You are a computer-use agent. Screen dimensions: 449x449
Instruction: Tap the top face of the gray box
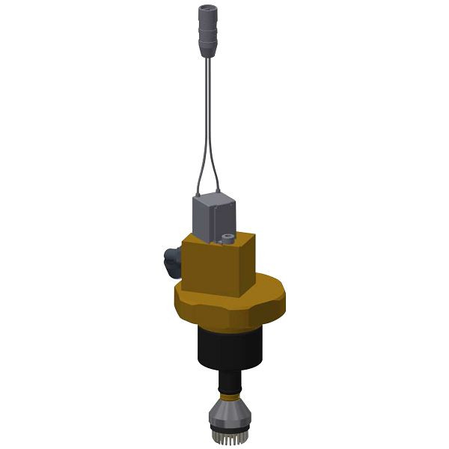(x=216, y=201)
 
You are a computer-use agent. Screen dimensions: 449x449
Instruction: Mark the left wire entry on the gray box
(x=197, y=195)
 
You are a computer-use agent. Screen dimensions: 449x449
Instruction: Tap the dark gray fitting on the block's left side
(x=171, y=262)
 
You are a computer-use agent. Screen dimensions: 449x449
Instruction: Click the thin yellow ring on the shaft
(x=229, y=394)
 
